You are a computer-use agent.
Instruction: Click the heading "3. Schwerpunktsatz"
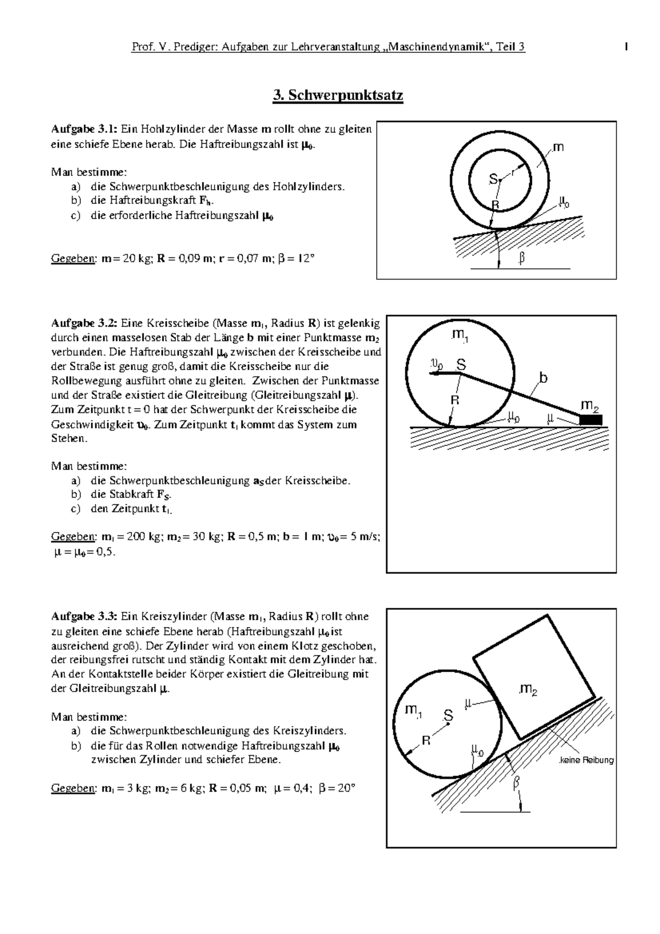point(338,96)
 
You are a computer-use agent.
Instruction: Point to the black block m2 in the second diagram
point(591,420)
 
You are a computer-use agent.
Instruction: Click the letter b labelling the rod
point(543,378)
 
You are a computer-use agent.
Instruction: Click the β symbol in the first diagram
point(521,257)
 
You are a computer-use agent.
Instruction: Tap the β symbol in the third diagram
point(516,783)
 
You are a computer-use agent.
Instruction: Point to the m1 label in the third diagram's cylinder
point(413,711)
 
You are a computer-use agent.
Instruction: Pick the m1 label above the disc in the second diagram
point(459,337)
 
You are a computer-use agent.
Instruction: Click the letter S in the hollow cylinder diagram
point(493,179)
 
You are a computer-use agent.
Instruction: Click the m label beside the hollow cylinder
point(558,147)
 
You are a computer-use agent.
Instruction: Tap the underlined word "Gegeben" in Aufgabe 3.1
point(73,258)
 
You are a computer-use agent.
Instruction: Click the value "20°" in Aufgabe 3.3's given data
point(345,788)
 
